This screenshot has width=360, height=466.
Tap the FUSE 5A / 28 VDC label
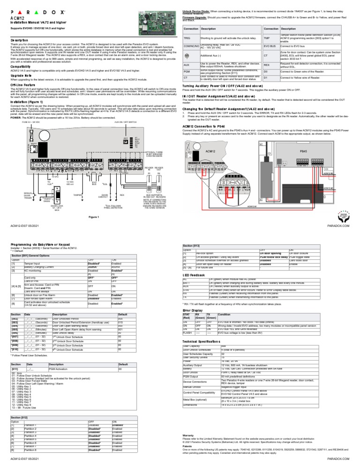tap(31, 122)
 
